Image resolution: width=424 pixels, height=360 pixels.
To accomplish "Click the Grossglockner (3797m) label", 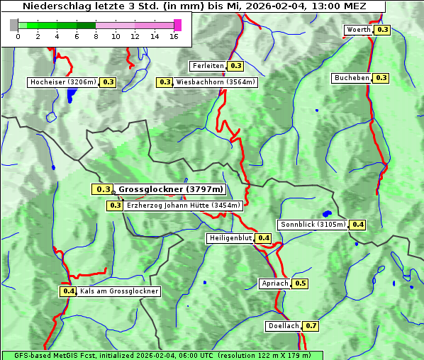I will (170, 189).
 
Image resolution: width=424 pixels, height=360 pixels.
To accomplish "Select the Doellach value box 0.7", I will (311, 326).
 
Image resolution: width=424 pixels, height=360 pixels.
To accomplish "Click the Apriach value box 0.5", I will (300, 283).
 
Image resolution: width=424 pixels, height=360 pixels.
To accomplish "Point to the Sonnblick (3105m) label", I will (313, 225).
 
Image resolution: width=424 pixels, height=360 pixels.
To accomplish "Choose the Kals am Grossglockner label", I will (118, 291).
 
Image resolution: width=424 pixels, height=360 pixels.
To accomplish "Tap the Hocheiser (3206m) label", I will (63, 82).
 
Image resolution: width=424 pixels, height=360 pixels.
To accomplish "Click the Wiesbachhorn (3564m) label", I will (216, 82).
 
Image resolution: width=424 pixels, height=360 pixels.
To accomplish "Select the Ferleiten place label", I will (208, 66).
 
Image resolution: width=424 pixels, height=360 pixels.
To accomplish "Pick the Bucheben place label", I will (352, 77).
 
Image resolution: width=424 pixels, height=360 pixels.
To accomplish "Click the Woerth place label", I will (358, 30).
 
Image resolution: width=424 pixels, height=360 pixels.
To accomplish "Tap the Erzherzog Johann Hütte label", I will (183, 206).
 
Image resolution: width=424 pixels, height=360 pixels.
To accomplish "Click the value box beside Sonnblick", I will (357, 225).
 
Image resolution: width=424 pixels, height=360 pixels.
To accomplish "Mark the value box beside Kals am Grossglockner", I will (68, 291).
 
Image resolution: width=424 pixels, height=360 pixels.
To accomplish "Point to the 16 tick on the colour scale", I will (174, 35).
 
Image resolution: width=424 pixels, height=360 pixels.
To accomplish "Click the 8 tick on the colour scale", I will (96, 35).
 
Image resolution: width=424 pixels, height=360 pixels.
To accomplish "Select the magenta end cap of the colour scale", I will (177, 25).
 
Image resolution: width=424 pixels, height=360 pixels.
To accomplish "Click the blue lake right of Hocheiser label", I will (69, 96).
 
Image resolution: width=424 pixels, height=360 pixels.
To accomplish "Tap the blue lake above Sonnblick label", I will (327, 213).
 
